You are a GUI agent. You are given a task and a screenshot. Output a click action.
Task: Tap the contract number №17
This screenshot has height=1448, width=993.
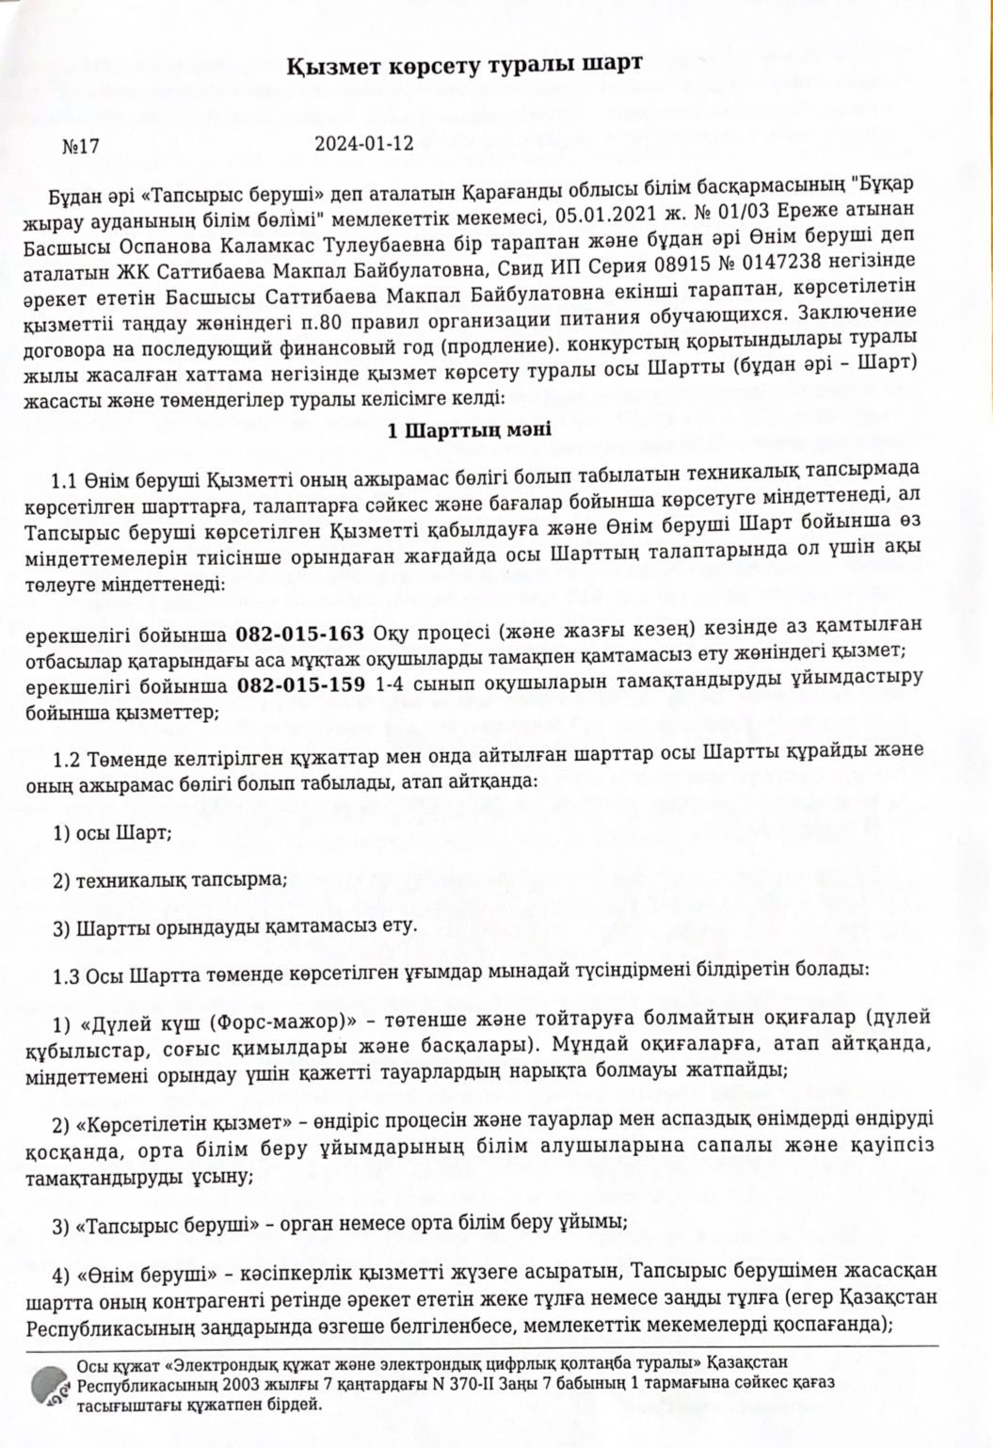tap(81, 146)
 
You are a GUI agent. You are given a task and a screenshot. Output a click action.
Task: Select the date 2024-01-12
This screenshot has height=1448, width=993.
tap(364, 144)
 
